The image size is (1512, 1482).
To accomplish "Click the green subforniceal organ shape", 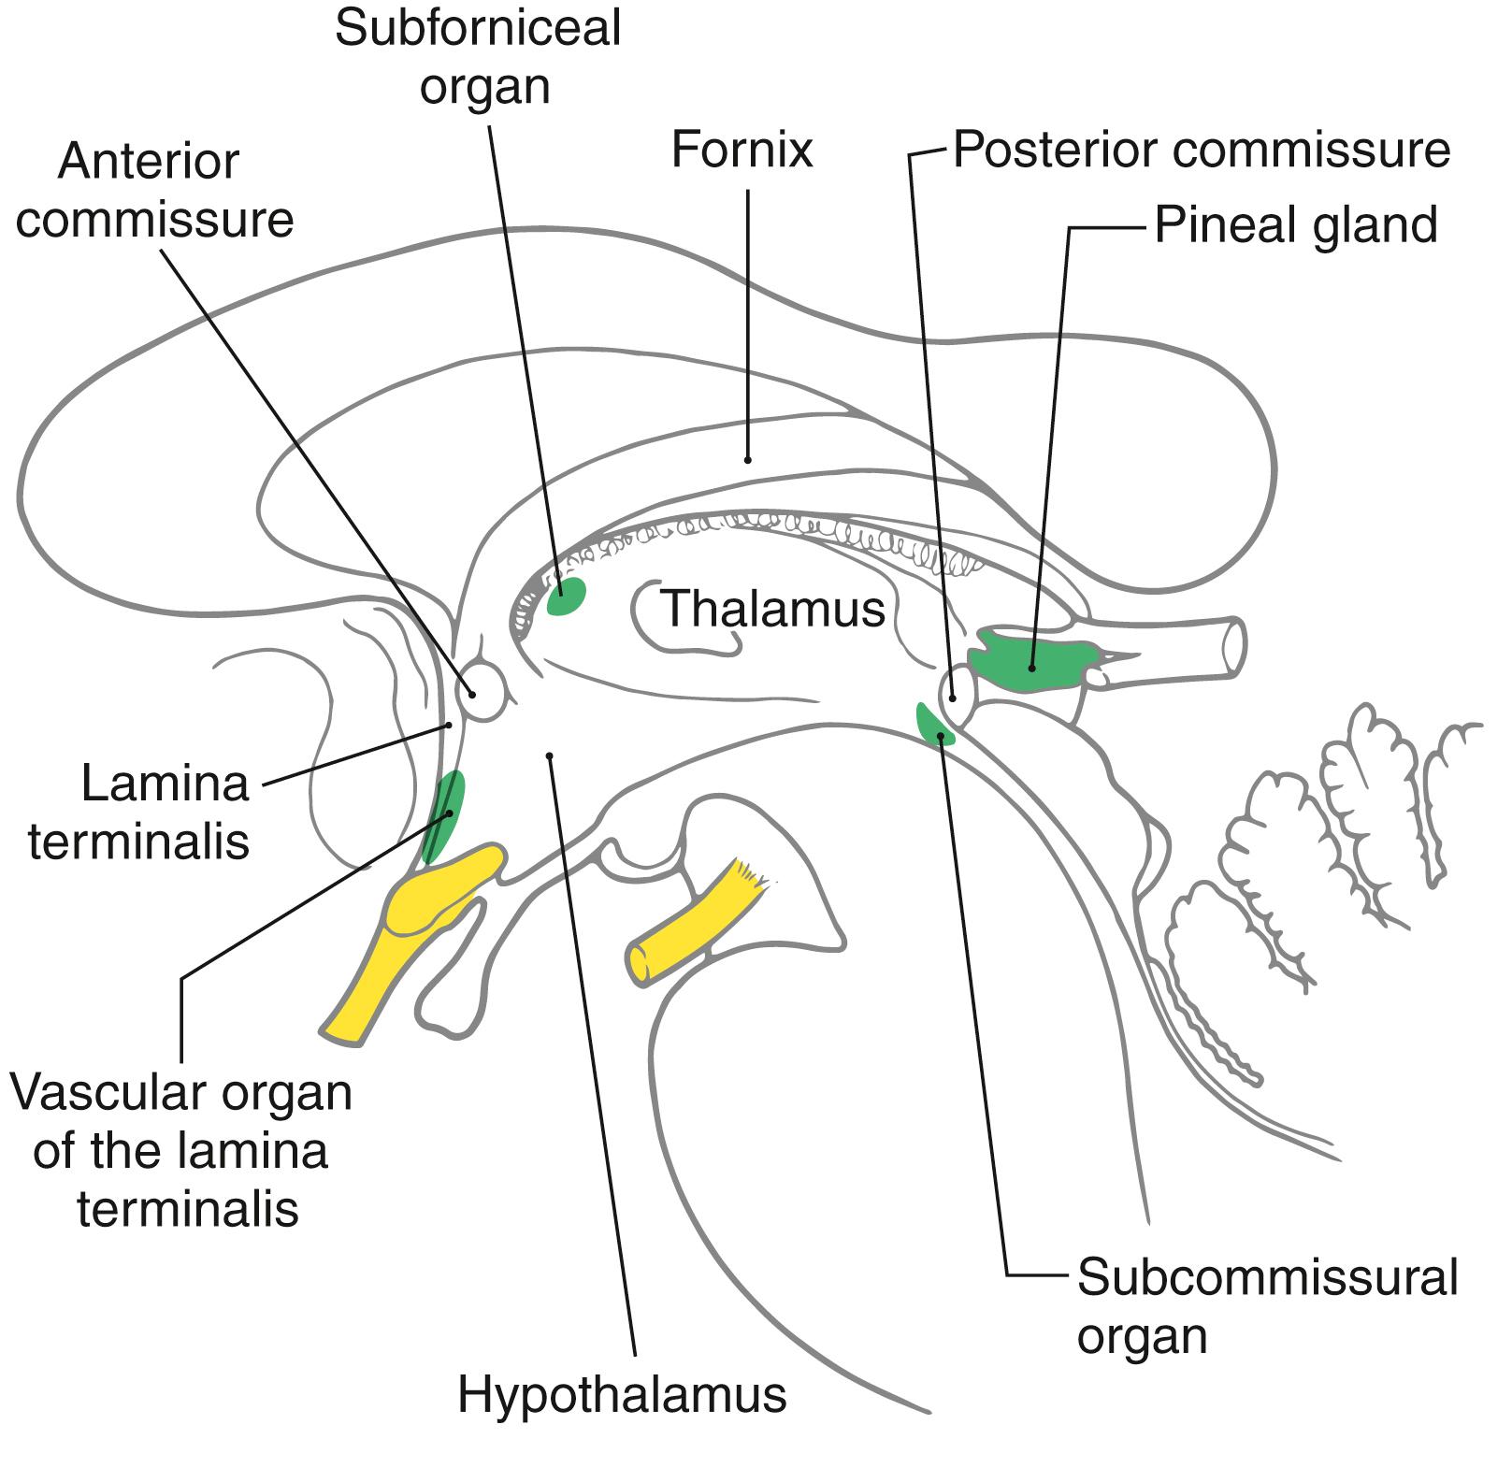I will [567, 597].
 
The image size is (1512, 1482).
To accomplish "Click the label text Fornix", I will [742, 150].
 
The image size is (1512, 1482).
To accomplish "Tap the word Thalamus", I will [772, 610].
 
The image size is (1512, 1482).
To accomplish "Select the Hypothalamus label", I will [622, 1395].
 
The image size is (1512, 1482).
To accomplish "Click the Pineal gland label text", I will [1295, 225].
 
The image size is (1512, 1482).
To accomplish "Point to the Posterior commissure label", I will [1202, 150].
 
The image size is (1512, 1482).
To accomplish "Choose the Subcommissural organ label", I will [1267, 1306].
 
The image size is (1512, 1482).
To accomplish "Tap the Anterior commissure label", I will [154, 192].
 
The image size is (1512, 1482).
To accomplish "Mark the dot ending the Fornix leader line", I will [747, 459].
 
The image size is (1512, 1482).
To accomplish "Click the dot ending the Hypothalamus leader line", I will [550, 755].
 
